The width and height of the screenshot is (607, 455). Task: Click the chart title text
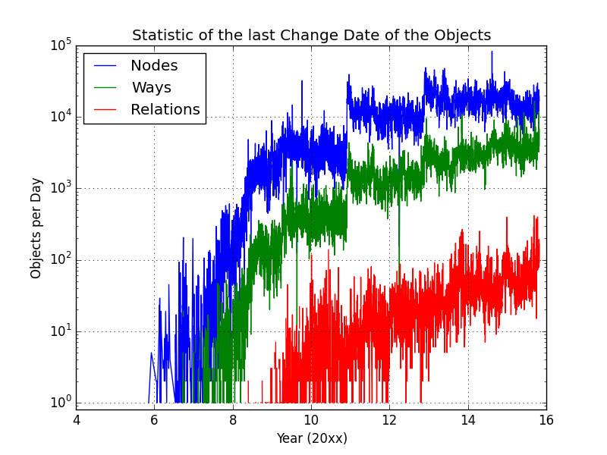tap(311, 36)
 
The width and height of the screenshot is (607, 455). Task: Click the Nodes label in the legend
tap(154, 66)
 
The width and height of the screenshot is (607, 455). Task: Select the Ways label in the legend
tap(152, 88)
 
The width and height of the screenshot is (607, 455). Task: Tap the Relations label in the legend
tap(165, 110)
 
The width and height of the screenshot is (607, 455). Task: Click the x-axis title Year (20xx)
tap(311, 438)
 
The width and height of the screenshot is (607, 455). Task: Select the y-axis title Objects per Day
tap(36, 227)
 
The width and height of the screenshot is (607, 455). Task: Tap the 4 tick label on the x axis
tap(76, 419)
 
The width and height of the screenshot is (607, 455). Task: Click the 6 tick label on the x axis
tap(154, 419)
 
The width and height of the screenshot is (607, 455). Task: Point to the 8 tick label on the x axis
tap(233, 419)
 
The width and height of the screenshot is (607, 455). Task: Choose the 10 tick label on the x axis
tap(311, 419)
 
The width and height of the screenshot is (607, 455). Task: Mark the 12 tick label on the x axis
tap(389, 419)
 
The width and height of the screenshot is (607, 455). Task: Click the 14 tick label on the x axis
tap(468, 419)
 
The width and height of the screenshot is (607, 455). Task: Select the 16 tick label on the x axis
tap(546, 419)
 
